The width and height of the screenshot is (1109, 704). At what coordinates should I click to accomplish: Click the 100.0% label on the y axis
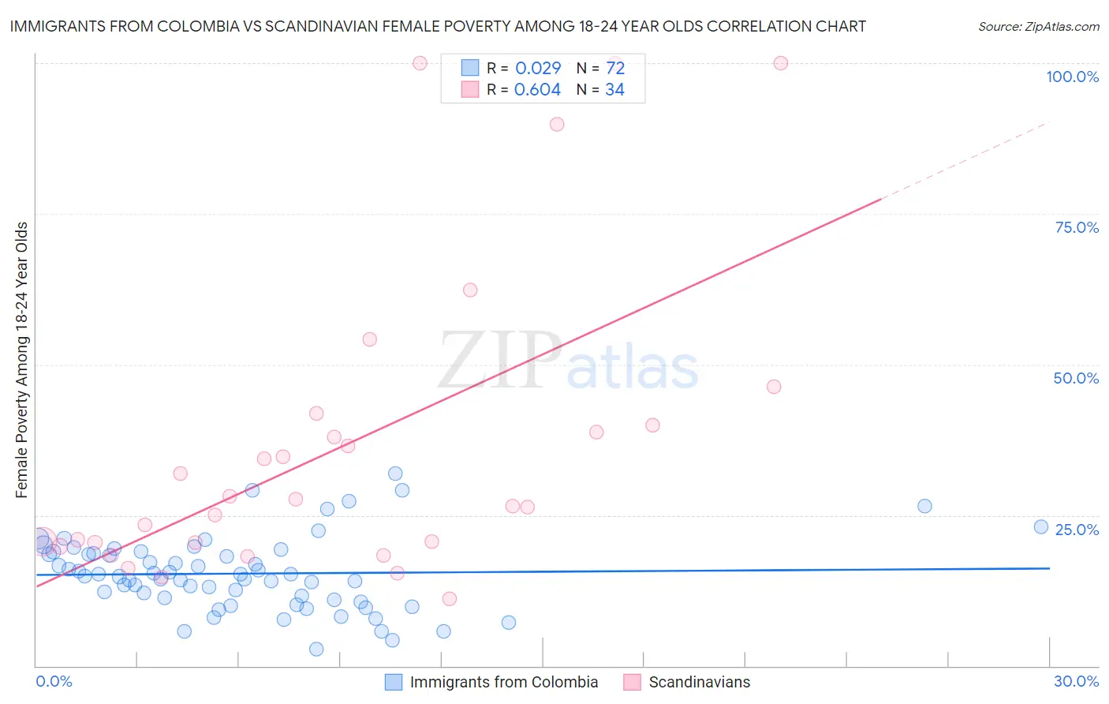[x=1072, y=77]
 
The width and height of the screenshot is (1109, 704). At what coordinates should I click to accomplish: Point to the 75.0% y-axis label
[x=1077, y=227]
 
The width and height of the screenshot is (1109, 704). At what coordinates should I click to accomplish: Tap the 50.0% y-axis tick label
[x=1076, y=378]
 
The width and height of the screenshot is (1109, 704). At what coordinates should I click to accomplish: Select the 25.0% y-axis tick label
[x=1077, y=530]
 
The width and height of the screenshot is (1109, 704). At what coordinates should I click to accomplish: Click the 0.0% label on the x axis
[x=54, y=681]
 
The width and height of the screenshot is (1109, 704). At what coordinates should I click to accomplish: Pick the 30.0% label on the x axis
[x=1076, y=681]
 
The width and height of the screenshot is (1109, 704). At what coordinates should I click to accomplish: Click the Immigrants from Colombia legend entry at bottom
[x=503, y=682]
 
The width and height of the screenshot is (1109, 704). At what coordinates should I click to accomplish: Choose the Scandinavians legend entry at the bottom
[x=699, y=682]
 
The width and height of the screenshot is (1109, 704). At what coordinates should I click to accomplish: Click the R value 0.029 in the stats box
[x=538, y=68]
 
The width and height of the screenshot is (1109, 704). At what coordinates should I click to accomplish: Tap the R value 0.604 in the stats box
[x=537, y=90]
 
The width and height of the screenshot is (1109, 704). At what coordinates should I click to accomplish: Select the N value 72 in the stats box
[x=615, y=68]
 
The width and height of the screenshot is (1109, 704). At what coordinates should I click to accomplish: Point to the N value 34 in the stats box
[x=614, y=90]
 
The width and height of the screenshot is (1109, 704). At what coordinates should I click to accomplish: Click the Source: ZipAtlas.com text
[x=1038, y=27]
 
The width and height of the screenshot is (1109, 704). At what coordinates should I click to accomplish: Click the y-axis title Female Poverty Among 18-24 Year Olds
[x=22, y=360]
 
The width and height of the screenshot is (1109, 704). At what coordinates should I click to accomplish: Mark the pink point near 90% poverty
[x=557, y=124]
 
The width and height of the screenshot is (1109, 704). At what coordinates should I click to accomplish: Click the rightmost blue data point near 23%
[x=1041, y=527]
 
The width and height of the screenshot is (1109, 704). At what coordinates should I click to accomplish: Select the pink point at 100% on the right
[x=781, y=63]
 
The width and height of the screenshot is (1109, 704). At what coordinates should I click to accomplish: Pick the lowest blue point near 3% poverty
[x=316, y=649]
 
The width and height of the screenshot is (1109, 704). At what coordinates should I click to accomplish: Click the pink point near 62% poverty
[x=470, y=290]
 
